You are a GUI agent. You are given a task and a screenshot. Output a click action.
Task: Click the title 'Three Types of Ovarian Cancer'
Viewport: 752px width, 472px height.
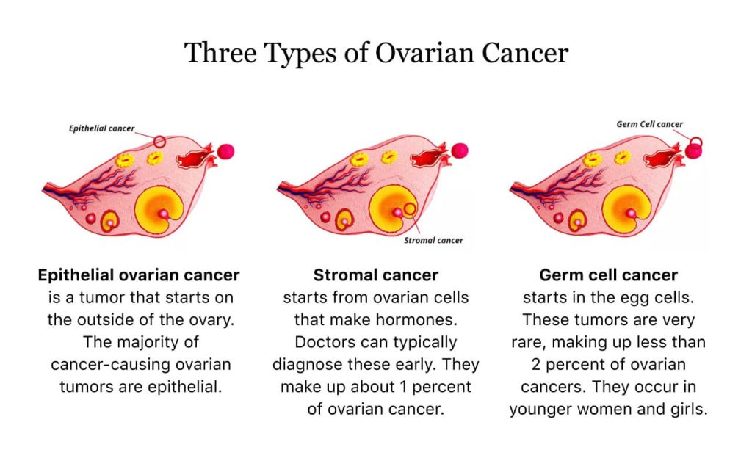point(376,54)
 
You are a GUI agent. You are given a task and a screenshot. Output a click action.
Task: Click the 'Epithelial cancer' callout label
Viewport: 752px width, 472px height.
point(102,128)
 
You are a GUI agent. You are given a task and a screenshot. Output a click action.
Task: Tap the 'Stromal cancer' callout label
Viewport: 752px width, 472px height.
point(434,240)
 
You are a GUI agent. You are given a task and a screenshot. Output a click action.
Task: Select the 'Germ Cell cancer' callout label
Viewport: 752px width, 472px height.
point(649,124)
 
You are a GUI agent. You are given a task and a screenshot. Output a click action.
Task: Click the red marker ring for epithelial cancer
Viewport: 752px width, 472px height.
point(159,140)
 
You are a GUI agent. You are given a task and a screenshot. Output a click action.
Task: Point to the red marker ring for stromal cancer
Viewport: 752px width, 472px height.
point(410,209)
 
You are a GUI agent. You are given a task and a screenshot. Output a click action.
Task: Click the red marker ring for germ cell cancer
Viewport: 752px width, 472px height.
point(695,142)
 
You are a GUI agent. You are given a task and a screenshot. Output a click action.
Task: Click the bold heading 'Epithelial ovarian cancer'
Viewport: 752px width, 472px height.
point(139,275)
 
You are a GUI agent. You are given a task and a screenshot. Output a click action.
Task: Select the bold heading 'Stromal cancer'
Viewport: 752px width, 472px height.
point(376,275)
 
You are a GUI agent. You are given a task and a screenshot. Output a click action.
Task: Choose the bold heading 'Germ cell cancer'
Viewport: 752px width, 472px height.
point(609,275)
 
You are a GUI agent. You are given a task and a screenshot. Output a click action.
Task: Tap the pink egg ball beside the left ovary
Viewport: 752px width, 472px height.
point(225,151)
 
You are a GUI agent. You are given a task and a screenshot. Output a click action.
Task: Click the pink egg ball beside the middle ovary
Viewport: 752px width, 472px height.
point(460,150)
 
